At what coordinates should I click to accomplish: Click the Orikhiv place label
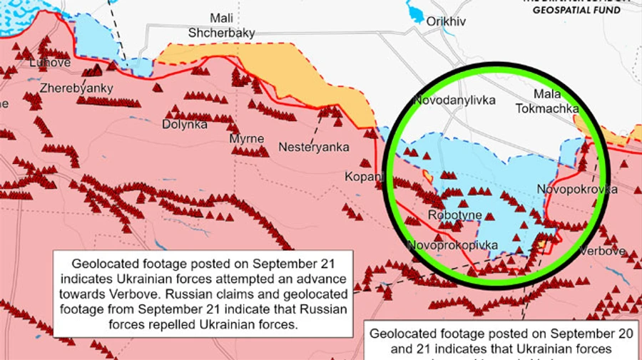445,21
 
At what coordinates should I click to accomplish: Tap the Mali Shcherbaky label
221,26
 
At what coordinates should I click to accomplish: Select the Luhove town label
50,63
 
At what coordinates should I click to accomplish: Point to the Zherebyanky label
66,88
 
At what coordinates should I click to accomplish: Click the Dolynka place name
185,124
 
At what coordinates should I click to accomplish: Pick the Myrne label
246,138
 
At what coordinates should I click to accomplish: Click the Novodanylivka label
454,101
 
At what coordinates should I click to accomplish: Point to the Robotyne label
455,215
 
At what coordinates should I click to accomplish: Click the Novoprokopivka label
453,245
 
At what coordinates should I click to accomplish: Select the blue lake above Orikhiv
414,11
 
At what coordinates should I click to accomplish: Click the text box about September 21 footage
203,292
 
